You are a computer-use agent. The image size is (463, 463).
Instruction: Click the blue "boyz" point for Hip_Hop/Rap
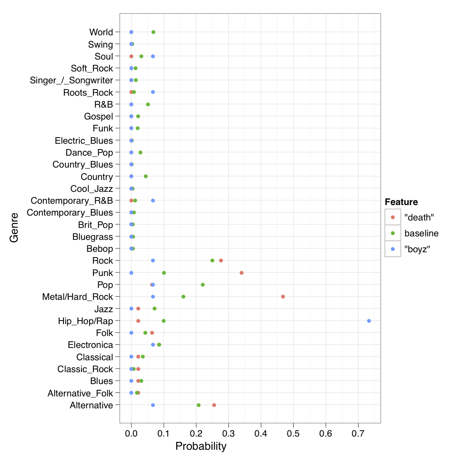(x=369, y=321)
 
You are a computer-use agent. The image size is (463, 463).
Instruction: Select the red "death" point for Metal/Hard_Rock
(x=283, y=296)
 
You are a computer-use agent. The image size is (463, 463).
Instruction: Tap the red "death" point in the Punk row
(x=241, y=273)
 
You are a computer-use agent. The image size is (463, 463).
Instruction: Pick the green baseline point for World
(x=153, y=32)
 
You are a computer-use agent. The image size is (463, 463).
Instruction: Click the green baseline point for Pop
(x=202, y=284)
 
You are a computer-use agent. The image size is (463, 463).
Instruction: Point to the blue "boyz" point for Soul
(x=153, y=56)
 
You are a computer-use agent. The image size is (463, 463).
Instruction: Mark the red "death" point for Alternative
(x=214, y=405)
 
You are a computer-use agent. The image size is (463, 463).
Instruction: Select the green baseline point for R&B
(x=148, y=104)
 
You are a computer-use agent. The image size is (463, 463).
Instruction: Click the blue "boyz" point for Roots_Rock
(x=153, y=92)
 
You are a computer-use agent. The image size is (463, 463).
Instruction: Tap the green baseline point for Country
(x=146, y=176)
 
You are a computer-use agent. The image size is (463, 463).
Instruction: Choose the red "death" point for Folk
(x=152, y=332)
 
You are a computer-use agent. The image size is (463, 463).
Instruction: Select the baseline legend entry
(x=421, y=233)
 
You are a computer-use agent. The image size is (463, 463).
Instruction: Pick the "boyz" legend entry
(x=417, y=249)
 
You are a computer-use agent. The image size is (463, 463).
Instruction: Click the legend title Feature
(x=401, y=202)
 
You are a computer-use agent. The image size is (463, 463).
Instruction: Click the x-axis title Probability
(x=201, y=446)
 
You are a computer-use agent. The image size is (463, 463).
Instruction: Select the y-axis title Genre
(x=14, y=227)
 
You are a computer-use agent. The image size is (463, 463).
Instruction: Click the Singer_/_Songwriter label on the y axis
(x=71, y=80)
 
